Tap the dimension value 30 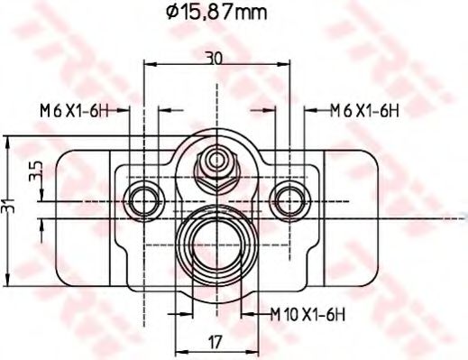[x=214, y=57]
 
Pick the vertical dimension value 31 [x=9, y=208]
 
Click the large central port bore [x=216, y=239]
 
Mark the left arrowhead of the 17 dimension [x=177, y=352]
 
